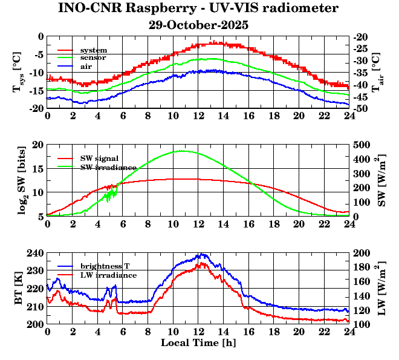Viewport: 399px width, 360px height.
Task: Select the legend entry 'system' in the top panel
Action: [x=94, y=50]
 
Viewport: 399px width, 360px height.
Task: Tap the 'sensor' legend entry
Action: [x=94, y=57]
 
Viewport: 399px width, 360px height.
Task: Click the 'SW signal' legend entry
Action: [x=99, y=158]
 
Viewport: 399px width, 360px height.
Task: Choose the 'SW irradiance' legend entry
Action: [x=104, y=166]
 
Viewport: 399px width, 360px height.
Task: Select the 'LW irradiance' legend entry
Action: [x=106, y=275]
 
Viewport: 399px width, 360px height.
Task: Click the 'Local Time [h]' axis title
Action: [x=198, y=342]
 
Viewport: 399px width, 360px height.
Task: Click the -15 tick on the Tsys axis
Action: [x=36, y=91]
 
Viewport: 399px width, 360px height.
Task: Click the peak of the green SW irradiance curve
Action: [x=182, y=151]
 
